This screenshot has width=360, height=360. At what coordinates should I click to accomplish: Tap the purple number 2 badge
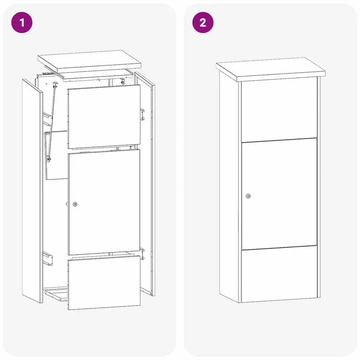tap(203, 23)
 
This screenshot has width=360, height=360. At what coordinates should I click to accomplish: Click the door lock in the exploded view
tap(75, 204)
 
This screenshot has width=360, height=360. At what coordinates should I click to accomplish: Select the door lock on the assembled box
tap(248, 196)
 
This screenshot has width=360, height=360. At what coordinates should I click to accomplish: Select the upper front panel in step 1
tap(104, 116)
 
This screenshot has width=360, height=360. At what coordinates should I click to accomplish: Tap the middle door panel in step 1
tap(104, 202)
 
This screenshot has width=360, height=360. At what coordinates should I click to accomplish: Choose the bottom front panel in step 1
tap(104, 282)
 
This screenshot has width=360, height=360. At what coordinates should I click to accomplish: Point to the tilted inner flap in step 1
tap(57, 154)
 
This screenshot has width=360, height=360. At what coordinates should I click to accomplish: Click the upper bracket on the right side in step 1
tap(142, 113)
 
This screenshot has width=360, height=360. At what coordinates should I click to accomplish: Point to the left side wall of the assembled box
tap(230, 185)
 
